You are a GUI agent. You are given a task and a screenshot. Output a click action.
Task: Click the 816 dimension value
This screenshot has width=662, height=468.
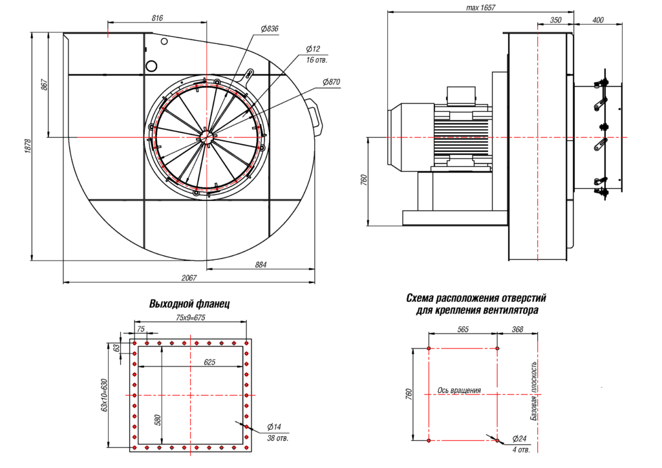coord(157,18)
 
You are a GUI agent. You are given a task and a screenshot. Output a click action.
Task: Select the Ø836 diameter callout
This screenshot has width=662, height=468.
coord(270,29)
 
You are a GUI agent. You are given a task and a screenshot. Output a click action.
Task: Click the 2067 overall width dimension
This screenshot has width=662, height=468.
coord(188,278)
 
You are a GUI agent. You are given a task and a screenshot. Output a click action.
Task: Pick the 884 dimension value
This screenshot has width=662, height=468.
coord(261,265)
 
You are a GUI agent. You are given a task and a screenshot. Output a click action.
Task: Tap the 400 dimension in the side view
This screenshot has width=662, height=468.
coord(597,20)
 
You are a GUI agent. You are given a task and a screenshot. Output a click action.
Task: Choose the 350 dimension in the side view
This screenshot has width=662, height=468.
coord(555,20)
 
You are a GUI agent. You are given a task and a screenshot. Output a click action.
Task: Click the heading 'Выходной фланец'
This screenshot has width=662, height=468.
coord(189,304)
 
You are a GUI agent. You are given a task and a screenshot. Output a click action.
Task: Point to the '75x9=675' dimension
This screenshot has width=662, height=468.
coord(190,317)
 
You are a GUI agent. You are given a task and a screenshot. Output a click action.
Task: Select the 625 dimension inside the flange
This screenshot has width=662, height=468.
coord(209,363)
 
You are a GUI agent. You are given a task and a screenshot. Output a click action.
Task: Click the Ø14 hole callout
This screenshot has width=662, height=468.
coord(275,427)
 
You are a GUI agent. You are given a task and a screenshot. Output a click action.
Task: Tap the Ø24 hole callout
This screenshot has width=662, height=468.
coord(520,438)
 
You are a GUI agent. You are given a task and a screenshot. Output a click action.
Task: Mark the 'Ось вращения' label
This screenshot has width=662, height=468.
coord(459,390)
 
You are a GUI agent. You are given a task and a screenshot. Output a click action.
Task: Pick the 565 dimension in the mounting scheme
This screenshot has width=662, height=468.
coord(462,329)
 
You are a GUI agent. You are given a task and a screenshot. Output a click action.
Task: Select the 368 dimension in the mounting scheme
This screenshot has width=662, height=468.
coord(517,329)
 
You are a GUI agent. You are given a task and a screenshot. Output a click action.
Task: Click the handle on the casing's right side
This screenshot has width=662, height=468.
coord(315,115)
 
